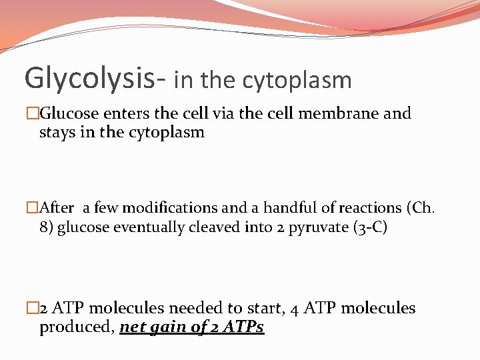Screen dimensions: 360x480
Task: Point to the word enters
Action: (x=125, y=113)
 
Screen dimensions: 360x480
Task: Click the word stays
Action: (x=58, y=132)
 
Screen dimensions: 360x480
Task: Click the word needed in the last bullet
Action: (x=195, y=308)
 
